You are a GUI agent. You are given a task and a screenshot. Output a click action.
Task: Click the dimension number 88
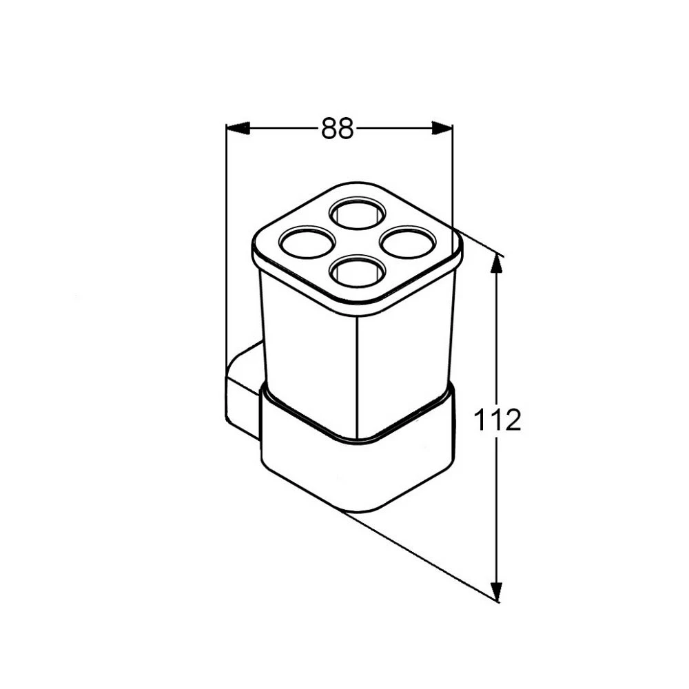pos(337,128)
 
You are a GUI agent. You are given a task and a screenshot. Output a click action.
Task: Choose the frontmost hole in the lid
pos(356,271)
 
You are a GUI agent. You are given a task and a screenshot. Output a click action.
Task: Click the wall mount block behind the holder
pos(243,393)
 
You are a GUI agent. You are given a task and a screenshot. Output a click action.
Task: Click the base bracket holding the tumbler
pos(358,469)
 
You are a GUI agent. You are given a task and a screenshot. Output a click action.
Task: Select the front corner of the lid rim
pos(357,307)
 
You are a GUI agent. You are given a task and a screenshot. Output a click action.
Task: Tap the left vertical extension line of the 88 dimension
pos(227,276)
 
